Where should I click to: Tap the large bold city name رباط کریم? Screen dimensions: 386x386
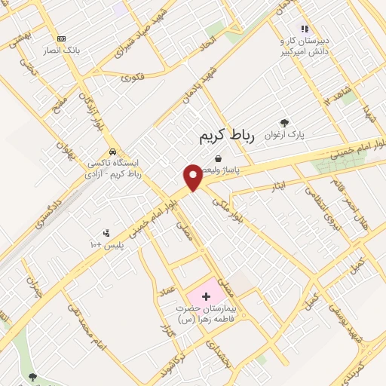(x=228, y=136)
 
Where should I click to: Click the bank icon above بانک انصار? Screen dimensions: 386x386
(x=61, y=38)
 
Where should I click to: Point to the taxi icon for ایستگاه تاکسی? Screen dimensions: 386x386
(x=112, y=150)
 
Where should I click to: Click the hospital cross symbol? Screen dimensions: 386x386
(x=207, y=296)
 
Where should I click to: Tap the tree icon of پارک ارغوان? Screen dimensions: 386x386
(x=283, y=123)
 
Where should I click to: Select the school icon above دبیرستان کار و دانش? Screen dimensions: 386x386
(x=305, y=29)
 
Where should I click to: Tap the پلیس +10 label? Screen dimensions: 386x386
(x=106, y=245)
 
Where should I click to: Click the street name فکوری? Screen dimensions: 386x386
(x=131, y=77)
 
